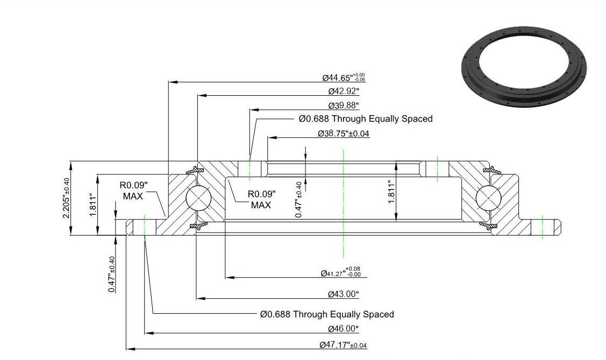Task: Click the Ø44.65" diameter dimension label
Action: coord(344,77)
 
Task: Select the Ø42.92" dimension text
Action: coord(344,91)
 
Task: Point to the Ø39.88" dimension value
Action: coord(344,105)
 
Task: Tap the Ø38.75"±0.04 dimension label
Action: coord(344,133)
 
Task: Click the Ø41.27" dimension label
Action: coord(340,272)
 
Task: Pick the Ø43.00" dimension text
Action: coord(343,294)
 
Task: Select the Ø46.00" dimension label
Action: coord(343,329)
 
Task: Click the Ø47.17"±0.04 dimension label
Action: coord(343,345)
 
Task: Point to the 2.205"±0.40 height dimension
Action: coord(66,198)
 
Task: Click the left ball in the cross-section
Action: coord(198,198)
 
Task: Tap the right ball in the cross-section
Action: coord(488,198)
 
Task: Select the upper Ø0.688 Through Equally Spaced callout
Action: coord(366,119)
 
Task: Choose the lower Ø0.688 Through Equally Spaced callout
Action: coord(327,314)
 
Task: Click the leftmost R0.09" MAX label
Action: coord(133,190)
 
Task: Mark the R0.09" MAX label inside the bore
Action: coord(262,200)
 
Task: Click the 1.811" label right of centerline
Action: coord(391,192)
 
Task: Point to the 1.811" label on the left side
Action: coord(92,205)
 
